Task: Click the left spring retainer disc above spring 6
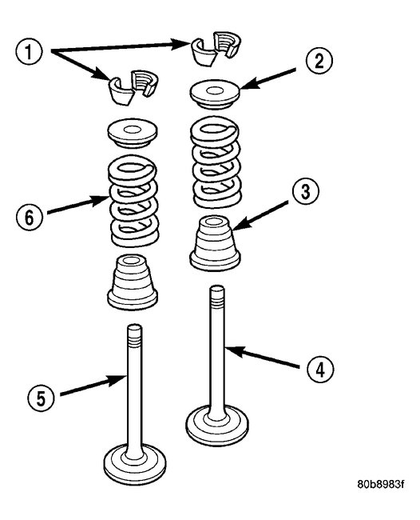(132, 132)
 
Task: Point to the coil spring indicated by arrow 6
(133, 199)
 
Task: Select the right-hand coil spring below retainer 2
(213, 162)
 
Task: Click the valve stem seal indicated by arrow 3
(214, 242)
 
